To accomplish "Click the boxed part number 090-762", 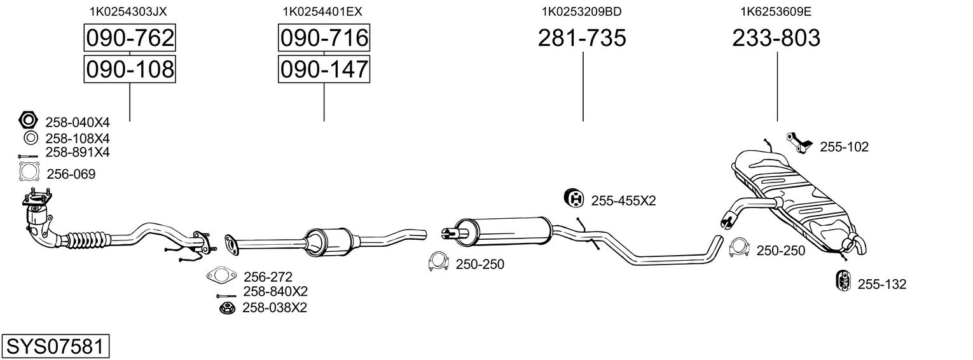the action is [130, 38].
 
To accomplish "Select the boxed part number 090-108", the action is [130, 69].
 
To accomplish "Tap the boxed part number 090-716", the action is [324, 38].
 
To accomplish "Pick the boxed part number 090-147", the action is [324, 69].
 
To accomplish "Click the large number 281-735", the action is [582, 38].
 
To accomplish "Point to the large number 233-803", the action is [776, 38].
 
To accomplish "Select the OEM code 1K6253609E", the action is [776, 11].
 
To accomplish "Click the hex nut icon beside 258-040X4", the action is [29, 120].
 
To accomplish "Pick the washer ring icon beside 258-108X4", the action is [29, 137].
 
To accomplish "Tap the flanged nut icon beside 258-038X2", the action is [226, 308].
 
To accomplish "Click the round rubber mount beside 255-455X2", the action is [574, 199].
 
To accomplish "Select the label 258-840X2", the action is [275, 291].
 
